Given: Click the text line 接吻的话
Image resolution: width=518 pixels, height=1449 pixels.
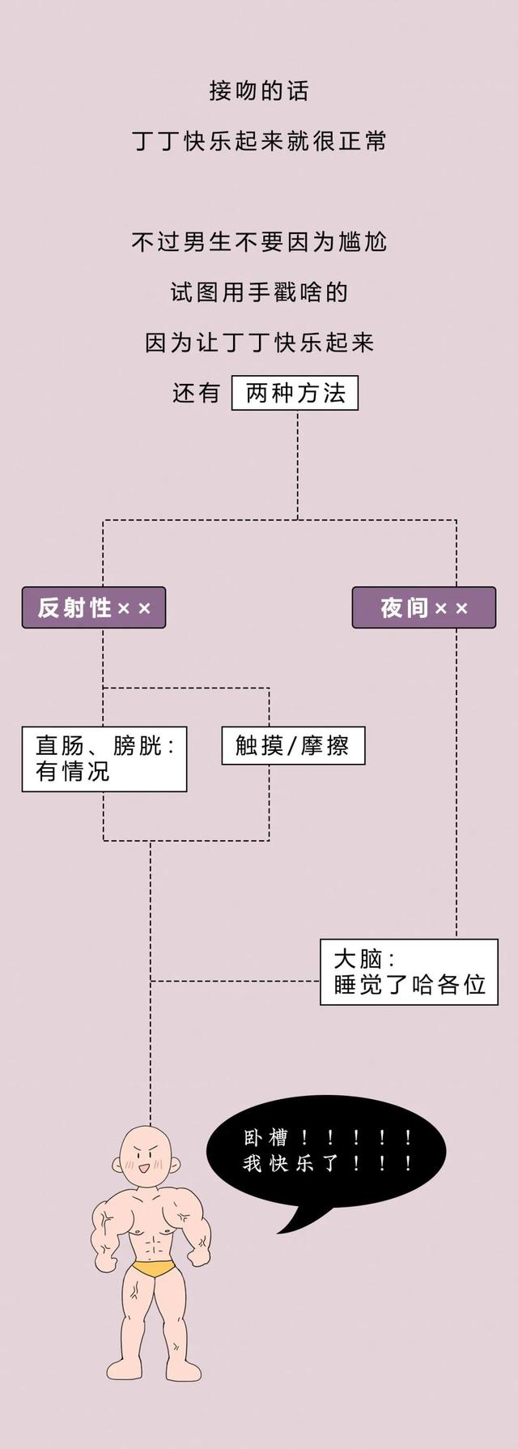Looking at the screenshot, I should click(x=259, y=91).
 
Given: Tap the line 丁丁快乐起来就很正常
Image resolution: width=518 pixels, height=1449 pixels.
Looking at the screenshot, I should click(x=259, y=142).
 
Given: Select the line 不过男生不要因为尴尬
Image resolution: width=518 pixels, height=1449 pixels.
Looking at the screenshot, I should click(x=259, y=242).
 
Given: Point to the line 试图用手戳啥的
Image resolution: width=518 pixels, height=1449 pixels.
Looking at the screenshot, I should click(x=259, y=292).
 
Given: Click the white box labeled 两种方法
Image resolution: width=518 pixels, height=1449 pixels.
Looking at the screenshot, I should click(x=295, y=394).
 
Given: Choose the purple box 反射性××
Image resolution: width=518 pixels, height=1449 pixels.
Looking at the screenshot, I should click(x=94, y=607).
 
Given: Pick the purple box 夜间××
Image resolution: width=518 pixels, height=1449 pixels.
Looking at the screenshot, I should click(x=423, y=607).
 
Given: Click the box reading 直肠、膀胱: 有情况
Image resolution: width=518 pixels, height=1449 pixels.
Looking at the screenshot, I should click(x=104, y=758).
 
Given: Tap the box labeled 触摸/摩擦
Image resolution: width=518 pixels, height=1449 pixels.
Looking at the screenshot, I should click(x=293, y=745).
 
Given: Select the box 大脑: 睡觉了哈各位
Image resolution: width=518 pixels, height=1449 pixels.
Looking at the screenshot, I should click(x=409, y=972).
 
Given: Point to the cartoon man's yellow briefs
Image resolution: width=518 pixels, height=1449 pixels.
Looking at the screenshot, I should click(x=154, y=1268).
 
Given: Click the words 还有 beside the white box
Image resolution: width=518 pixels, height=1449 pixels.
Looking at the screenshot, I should click(x=197, y=394).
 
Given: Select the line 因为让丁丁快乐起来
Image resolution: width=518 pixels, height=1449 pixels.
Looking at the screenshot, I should click(x=259, y=343).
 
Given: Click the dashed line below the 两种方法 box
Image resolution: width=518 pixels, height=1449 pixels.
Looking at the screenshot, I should click(x=297, y=462).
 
